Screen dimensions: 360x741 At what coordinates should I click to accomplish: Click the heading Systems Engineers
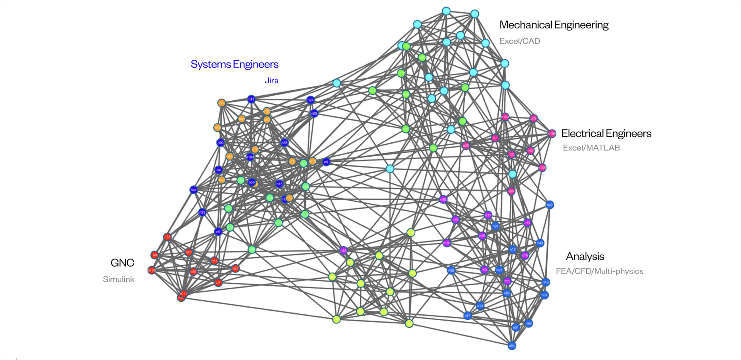234,64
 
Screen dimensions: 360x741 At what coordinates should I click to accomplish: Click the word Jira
271,80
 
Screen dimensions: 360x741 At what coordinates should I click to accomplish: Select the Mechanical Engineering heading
553,25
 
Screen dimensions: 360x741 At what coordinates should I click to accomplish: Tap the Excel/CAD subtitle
519,41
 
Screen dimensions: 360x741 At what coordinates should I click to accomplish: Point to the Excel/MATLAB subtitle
591,147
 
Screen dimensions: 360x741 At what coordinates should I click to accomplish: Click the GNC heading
122,262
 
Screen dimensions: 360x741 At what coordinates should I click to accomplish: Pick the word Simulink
118,279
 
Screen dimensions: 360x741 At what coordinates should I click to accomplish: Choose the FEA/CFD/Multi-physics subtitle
599,271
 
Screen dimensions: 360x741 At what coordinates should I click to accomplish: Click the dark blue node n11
251,99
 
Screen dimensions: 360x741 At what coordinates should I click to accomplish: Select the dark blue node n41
194,189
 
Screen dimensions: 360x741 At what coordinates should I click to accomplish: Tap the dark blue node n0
326,162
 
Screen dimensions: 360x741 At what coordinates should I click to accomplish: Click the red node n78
167,237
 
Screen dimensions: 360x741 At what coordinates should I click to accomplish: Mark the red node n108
152,270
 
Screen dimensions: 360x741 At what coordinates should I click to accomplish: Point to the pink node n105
552,134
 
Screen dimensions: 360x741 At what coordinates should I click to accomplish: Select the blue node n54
512,346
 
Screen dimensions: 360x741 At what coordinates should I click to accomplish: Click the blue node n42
550,205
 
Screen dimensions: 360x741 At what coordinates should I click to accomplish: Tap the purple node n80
443,199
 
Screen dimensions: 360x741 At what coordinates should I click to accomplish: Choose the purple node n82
343,250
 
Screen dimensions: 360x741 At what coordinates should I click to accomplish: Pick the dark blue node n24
311,100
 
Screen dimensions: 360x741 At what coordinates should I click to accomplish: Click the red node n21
235,268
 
